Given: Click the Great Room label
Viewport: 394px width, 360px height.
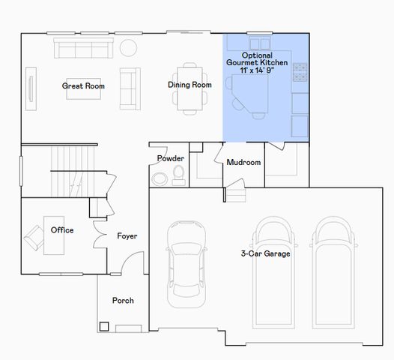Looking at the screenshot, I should (83, 86).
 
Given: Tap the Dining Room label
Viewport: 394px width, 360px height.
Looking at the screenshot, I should (190, 85).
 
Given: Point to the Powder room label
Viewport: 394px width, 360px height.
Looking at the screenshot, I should (170, 158).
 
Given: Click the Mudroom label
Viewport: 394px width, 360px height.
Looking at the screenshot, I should (243, 162).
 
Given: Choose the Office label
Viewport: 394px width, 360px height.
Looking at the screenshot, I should (61, 229).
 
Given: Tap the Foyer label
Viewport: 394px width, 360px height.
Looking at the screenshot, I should (127, 236).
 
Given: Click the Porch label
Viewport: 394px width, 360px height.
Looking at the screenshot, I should (123, 301).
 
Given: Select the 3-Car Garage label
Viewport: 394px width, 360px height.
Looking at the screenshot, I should (265, 253).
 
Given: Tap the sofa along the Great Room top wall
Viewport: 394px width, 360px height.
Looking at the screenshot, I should (83, 49).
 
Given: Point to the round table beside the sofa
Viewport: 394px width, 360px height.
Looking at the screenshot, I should (129, 48).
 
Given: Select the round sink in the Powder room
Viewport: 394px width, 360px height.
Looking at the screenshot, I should (160, 179).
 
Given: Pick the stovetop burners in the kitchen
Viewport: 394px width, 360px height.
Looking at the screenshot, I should (300, 71).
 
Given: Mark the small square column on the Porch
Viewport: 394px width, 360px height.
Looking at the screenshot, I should (104, 326).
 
